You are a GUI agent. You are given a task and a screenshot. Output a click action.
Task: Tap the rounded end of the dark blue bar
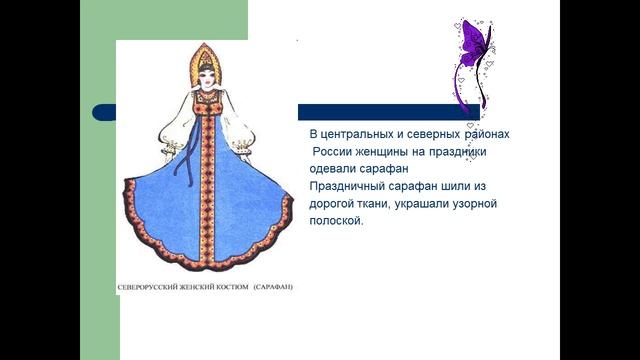[98, 112]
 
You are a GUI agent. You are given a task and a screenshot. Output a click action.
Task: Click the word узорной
[490, 204]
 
